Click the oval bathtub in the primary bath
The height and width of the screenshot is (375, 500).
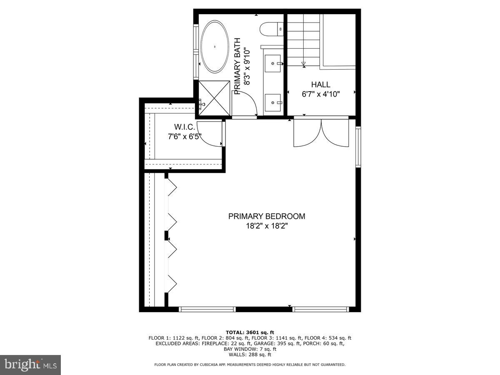[x=215, y=47]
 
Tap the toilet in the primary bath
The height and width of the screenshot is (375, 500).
[x=271, y=29]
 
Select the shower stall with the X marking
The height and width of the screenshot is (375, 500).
[x=214, y=98]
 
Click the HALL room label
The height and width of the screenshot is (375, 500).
[x=321, y=85]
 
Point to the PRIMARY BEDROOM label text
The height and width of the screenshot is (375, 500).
[x=267, y=216]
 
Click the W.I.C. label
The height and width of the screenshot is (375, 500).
[x=185, y=127]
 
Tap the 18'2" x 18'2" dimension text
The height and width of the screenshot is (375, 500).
[x=267, y=226]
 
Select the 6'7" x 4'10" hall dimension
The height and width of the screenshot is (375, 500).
[x=321, y=94]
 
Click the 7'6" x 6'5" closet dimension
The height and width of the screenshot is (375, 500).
[x=185, y=137]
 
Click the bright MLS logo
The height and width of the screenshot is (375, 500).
[x=30, y=365]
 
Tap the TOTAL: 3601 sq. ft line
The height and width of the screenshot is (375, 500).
[x=250, y=332]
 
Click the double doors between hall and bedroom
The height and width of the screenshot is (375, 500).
[x=321, y=132]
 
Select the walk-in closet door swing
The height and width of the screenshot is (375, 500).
[x=209, y=134]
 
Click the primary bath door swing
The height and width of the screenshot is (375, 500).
[x=245, y=103]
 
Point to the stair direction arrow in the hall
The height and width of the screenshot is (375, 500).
[x=304, y=65]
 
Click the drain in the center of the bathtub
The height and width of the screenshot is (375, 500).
[x=215, y=47]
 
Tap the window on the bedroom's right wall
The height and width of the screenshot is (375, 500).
[x=358, y=147]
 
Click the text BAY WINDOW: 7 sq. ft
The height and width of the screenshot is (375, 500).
[x=250, y=349]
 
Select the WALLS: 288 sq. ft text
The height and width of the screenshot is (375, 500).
[x=250, y=355]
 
